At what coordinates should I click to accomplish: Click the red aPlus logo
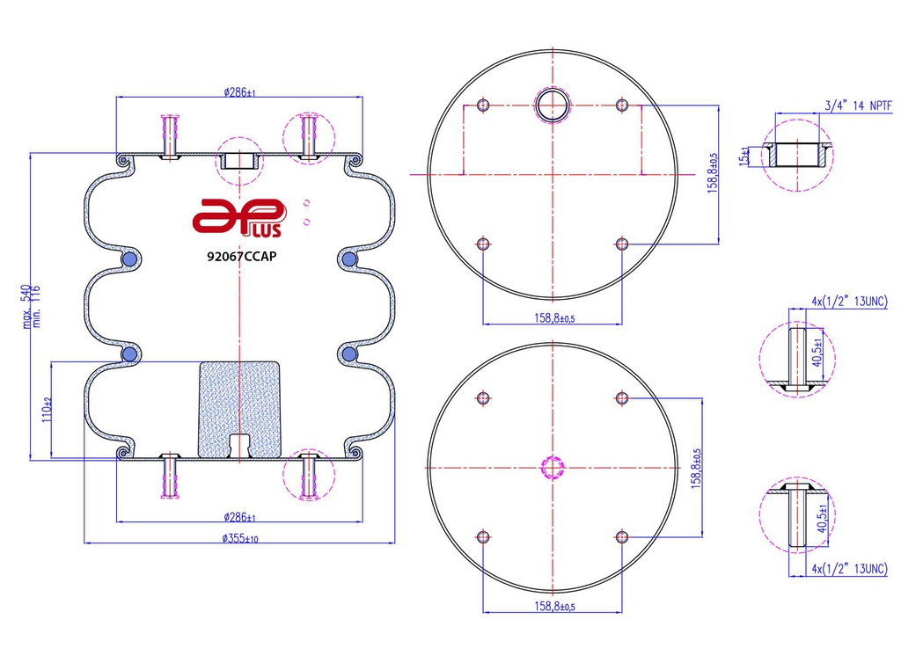point(238,218)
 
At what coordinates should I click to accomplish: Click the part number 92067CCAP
point(241,257)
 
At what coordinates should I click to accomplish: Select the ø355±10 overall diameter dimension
point(240,538)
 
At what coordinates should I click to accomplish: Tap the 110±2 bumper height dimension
point(48,409)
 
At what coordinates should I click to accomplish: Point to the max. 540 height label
point(26,307)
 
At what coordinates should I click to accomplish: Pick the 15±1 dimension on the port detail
point(744,157)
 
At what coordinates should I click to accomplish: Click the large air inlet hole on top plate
point(553,105)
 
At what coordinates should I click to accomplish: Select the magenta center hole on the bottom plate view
point(553,468)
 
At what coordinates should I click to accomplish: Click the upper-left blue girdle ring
point(130,260)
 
